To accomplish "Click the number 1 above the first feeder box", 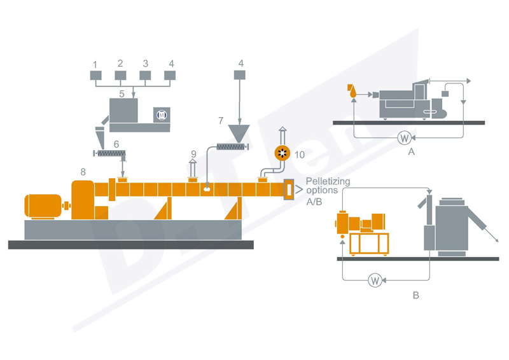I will pos(95,64).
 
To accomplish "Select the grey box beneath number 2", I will pos(120,76).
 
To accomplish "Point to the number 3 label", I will pos(145,64).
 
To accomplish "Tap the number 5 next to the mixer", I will pos(121,94).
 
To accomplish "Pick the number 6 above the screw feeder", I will pos(116,144).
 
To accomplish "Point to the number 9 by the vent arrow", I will pos(194,154).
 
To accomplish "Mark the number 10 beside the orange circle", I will pos(300,154).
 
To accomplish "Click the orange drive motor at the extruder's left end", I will pos(44,205).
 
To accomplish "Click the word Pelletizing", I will pos(328,181).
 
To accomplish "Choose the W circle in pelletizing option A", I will pos(403,137).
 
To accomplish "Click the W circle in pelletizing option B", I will pos(375,279).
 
